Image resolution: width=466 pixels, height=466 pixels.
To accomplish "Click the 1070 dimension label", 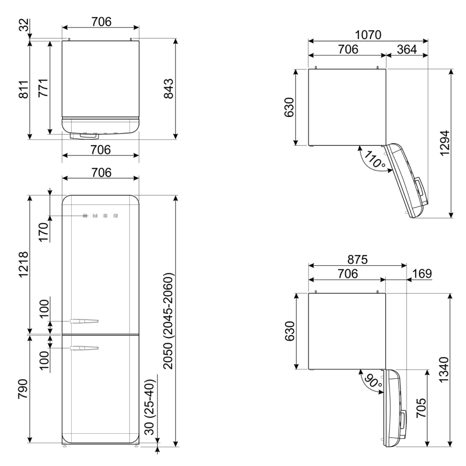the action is click(x=368, y=35).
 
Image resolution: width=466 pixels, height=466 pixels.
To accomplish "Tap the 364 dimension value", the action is click(x=407, y=49).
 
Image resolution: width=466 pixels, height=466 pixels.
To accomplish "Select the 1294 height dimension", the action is click(x=445, y=143).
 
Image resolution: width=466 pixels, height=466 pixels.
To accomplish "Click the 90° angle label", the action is click(x=373, y=381).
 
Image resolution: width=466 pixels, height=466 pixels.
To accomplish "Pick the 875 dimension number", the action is click(x=357, y=260).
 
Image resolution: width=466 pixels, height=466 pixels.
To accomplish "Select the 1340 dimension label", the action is click(x=444, y=370).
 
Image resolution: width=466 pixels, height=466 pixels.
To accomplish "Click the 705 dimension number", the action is click(x=421, y=408).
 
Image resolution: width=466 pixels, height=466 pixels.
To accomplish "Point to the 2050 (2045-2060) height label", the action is click(x=168, y=321).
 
